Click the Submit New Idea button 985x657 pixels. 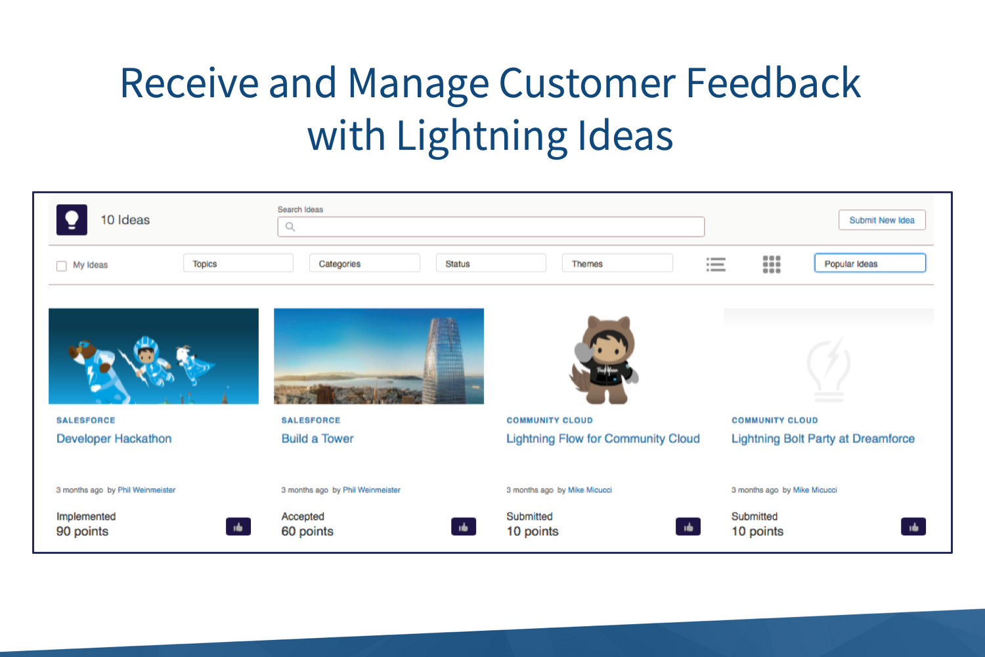point(882,220)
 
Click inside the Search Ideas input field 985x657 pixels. point(491,227)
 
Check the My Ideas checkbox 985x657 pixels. point(62,265)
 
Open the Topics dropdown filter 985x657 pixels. point(238,263)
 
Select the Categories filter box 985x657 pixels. point(364,263)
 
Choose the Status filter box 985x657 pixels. point(491,263)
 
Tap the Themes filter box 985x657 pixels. point(617,263)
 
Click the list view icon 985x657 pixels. point(716,264)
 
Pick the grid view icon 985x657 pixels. point(772,264)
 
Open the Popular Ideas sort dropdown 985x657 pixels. point(870,263)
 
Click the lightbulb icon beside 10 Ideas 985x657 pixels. point(72,219)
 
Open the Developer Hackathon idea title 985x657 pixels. point(114,439)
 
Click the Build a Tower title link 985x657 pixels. point(317,439)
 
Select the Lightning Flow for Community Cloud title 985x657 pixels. point(603,439)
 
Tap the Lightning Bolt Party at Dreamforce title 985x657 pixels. point(823,439)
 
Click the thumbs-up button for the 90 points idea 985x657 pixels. point(238,527)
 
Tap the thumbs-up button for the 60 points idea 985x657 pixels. point(464,527)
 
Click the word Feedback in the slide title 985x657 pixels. point(773,83)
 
